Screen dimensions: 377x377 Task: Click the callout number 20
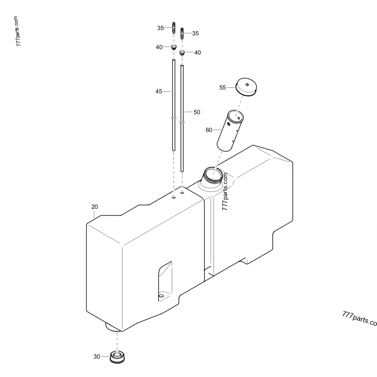tap(94, 207)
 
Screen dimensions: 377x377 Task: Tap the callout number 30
tap(97, 357)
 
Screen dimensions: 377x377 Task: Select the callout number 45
tap(159, 91)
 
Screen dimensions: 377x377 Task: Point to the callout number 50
tap(197, 112)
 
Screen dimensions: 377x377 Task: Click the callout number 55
tap(223, 87)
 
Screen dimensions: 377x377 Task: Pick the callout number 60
tap(209, 130)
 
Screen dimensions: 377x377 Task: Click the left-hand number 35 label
tap(160, 28)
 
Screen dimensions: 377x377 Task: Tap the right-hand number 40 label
tap(197, 53)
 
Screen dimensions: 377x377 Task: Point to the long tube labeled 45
tap(174, 104)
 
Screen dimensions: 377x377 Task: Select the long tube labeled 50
tap(182, 118)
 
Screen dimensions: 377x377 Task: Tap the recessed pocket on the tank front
tap(164, 280)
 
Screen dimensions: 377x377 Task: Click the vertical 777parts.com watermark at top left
tap(17, 32)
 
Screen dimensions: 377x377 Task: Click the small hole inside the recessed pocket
tap(161, 296)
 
